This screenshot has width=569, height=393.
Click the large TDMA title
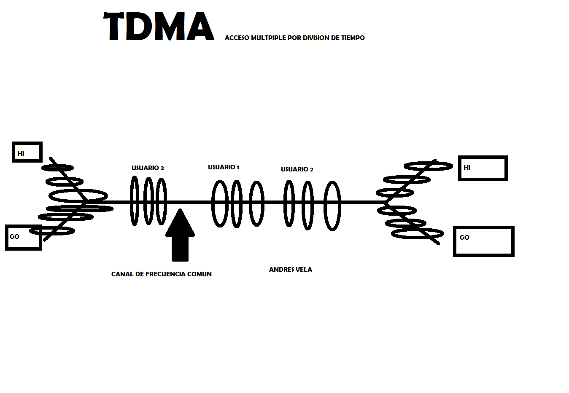click(x=159, y=27)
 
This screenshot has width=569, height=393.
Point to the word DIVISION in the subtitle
click(x=316, y=38)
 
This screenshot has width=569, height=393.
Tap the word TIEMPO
click(x=353, y=38)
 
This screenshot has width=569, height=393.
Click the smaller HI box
click(x=27, y=152)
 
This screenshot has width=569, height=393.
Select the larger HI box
click(x=483, y=168)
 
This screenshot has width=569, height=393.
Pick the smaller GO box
click(x=24, y=238)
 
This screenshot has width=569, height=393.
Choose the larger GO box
click(x=483, y=241)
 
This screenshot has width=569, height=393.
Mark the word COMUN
click(x=199, y=274)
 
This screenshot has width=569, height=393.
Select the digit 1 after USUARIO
click(x=238, y=168)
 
